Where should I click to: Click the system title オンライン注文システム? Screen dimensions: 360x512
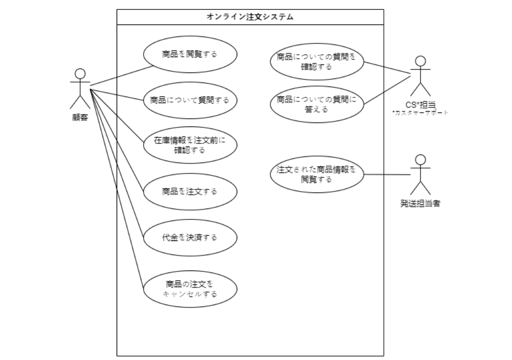[250, 16]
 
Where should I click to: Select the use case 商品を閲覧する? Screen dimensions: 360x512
[190, 54]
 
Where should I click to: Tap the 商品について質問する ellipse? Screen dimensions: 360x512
[190, 100]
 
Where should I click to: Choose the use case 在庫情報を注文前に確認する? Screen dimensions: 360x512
[190, 145]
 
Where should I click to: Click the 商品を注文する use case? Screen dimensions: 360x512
[190, 191]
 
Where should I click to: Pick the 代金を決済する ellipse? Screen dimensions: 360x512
[190, 237]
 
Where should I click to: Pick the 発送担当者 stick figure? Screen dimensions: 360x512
[420, 174]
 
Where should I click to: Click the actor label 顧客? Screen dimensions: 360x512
[80, 117]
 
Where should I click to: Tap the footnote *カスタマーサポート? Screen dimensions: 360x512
[420, 112]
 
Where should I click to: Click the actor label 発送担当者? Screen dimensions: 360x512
[420, 203]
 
